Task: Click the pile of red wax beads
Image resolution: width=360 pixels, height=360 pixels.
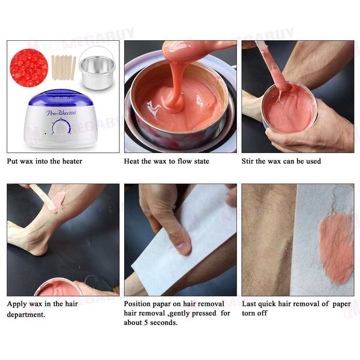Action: coord(29,68)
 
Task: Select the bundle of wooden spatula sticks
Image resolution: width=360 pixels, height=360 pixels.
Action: coord(64,68)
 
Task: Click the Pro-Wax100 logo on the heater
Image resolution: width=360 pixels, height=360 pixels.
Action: coord(61,113)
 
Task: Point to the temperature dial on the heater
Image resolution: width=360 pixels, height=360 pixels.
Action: coord(61,126)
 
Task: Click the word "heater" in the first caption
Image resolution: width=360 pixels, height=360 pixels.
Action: coord(72,161)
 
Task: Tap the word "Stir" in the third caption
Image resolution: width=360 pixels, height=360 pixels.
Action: coord(247,161)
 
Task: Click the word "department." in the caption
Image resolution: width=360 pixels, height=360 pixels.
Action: coord(26,314)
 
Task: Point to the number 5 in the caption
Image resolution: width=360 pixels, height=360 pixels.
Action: coord(146,323)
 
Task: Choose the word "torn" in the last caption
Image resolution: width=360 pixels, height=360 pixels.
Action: coord(248,313)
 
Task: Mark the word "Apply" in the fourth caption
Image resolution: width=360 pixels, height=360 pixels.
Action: coord(15,304)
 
